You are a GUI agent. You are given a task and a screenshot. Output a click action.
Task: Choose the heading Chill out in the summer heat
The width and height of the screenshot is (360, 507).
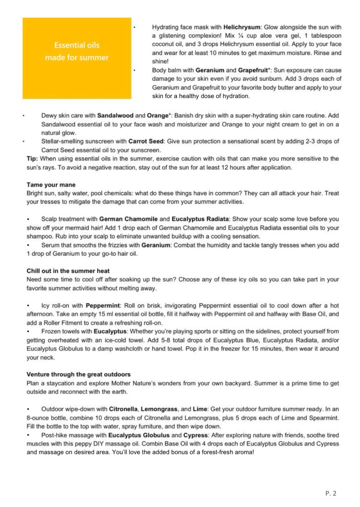tap(68, 271)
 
